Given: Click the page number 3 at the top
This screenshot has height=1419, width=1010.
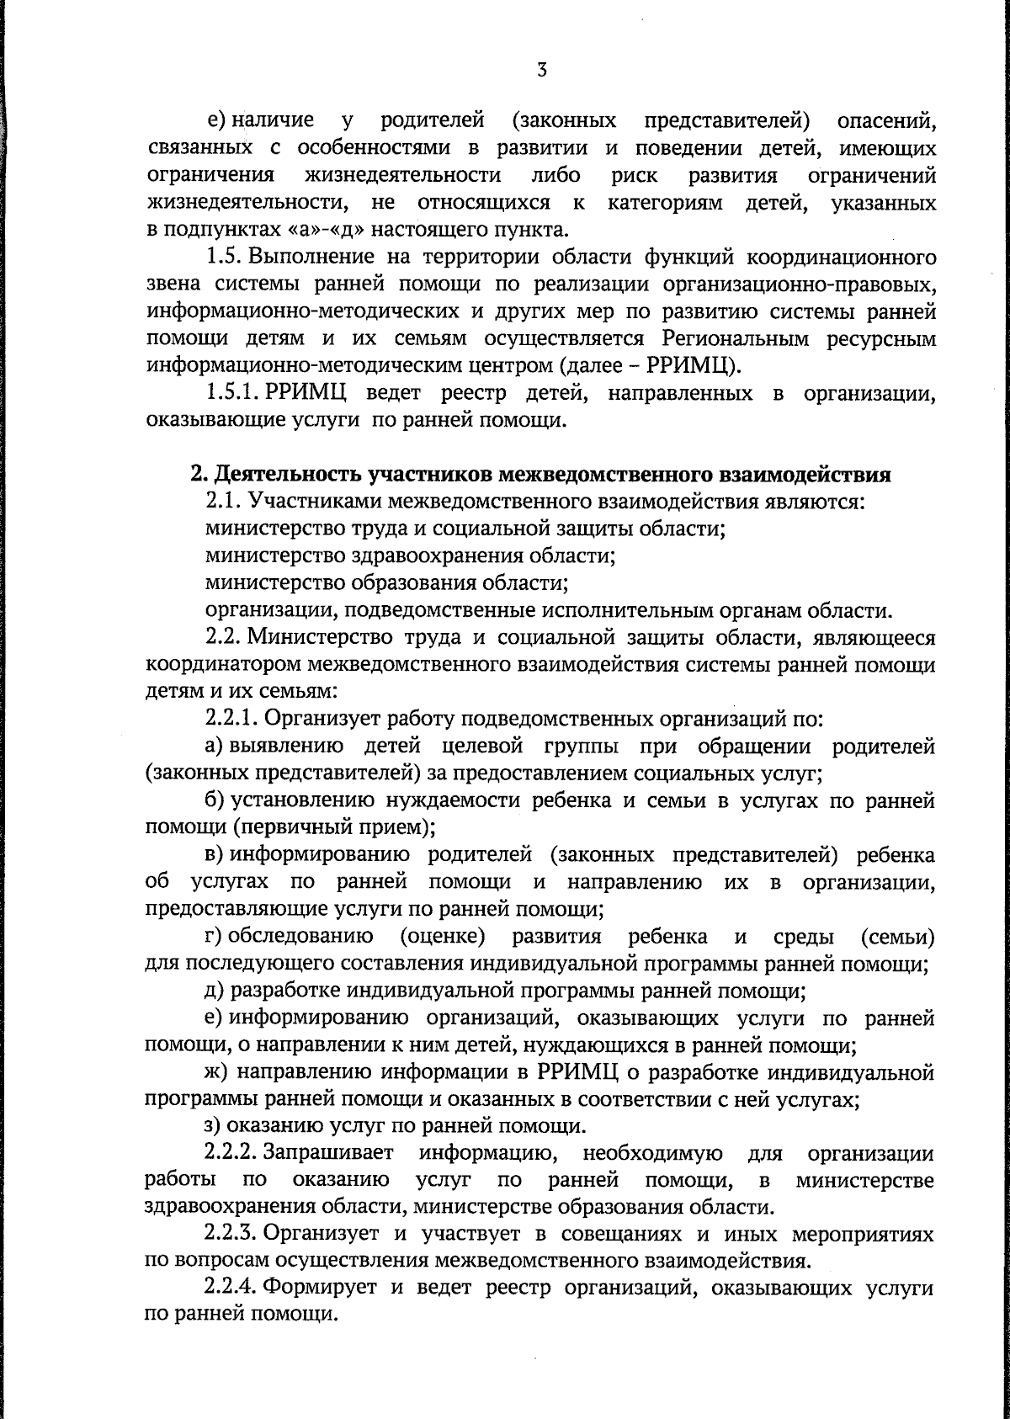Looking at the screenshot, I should [x=541, y=71].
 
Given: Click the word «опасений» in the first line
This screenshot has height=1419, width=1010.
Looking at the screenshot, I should [x=885, y=120].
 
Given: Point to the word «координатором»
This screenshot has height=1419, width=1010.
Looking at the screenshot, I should [x=220, y=665].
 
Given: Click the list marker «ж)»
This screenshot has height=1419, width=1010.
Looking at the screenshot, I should [x=216, y=1072].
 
